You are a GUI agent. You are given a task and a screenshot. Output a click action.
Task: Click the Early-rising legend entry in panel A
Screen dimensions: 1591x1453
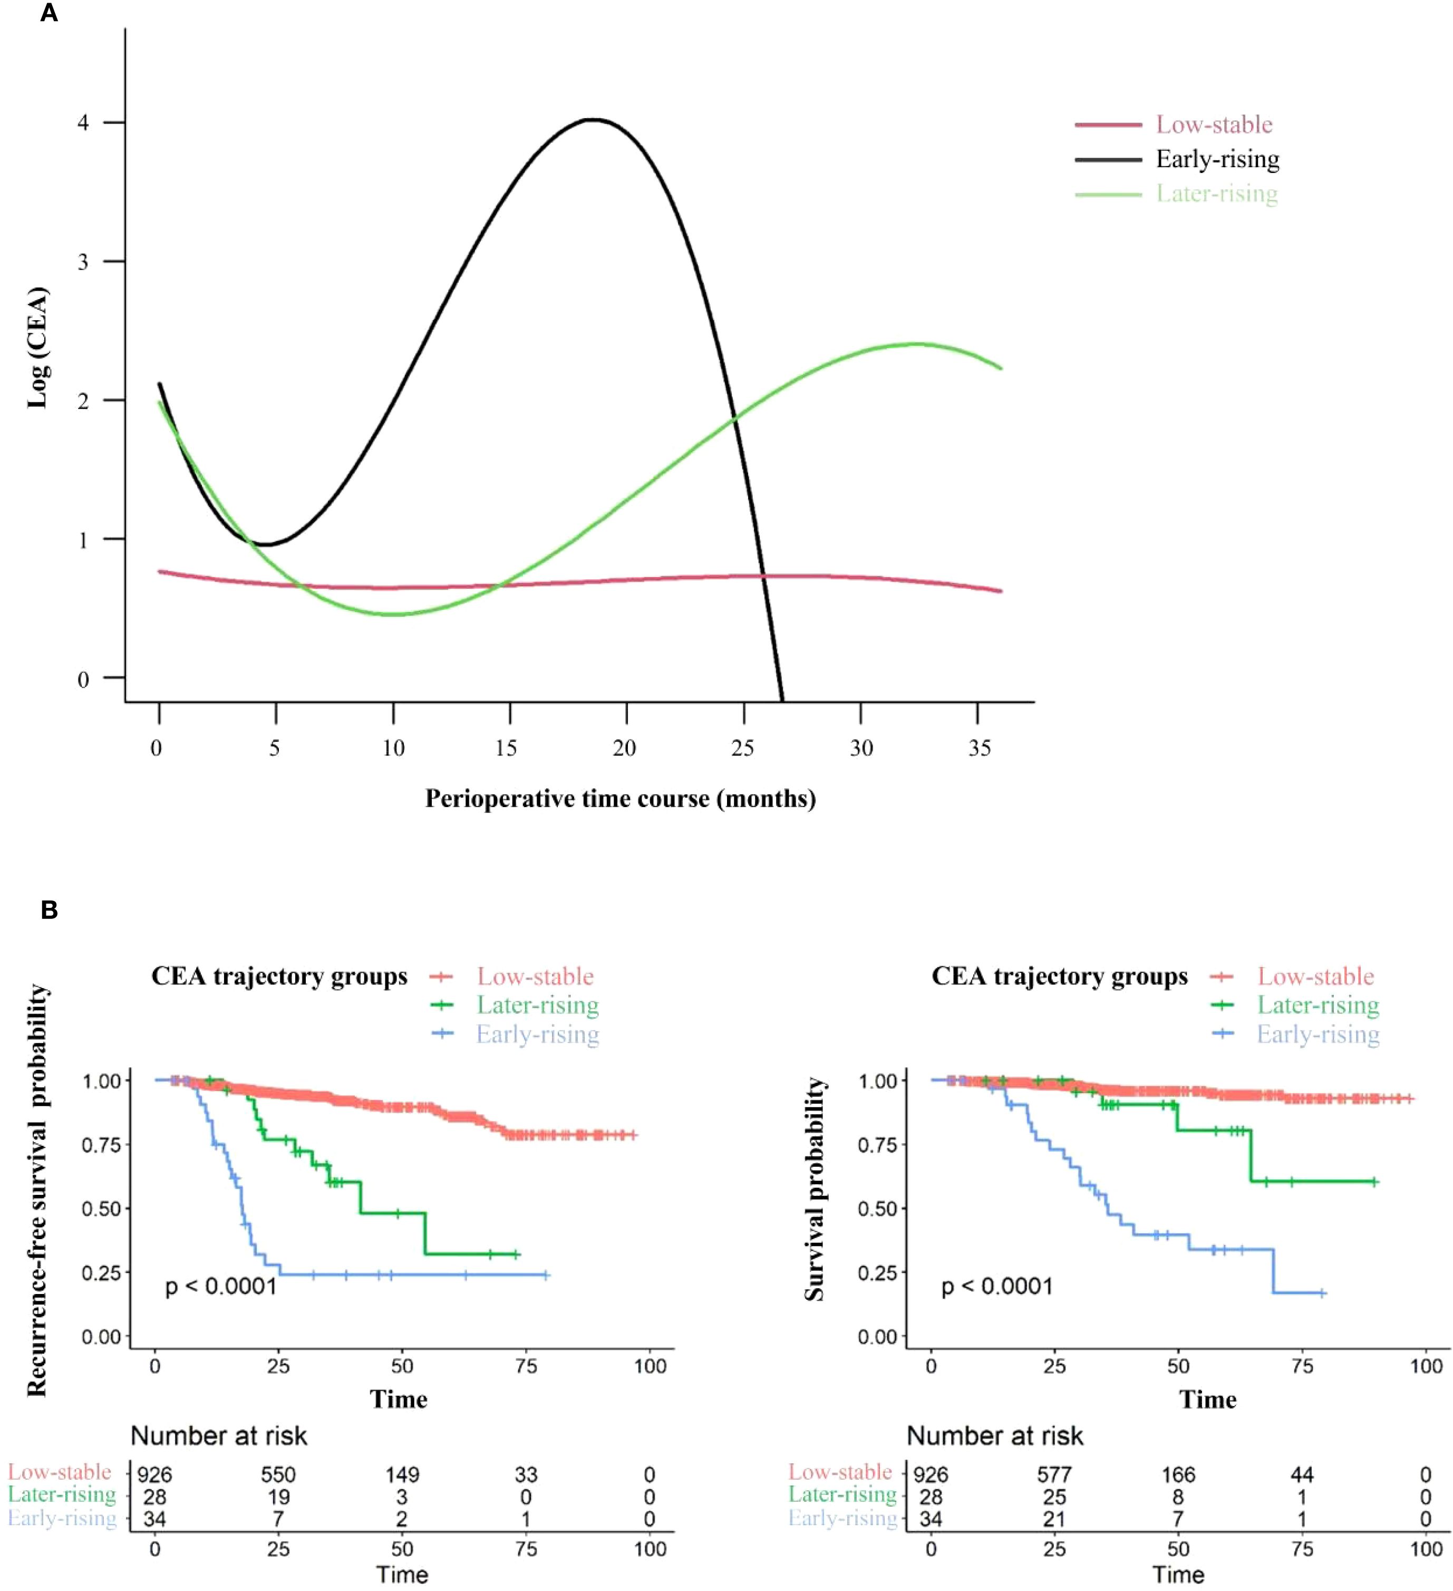(1217, 159)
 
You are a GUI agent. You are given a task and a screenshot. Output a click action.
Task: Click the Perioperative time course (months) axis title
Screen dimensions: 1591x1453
(620, 799)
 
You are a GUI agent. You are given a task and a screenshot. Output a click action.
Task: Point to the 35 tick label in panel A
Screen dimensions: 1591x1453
(979, 747)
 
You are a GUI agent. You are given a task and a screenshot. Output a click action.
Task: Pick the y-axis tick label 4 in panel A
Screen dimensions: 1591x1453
(83, 123)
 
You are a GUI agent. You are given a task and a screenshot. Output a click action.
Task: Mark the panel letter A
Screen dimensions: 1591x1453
(49, 13)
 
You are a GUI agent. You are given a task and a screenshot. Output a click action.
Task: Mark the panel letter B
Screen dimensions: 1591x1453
(49, 910)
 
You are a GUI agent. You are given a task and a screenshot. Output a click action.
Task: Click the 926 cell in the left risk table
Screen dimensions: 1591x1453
(154, 1474)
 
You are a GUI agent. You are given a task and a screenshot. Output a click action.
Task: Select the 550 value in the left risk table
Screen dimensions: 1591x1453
(278, 1474)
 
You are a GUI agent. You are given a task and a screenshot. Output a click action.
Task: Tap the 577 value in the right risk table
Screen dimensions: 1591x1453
(1054, 1474)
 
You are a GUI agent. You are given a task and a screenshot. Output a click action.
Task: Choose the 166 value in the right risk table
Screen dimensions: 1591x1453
(1178, 1474)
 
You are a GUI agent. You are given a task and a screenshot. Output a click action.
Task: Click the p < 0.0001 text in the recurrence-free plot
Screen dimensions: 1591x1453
(221, 1287)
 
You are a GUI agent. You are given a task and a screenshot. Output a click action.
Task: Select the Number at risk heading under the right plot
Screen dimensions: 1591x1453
(995, 1435)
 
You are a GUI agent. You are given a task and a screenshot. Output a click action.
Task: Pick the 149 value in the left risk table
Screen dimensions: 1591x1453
(402, 1474)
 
